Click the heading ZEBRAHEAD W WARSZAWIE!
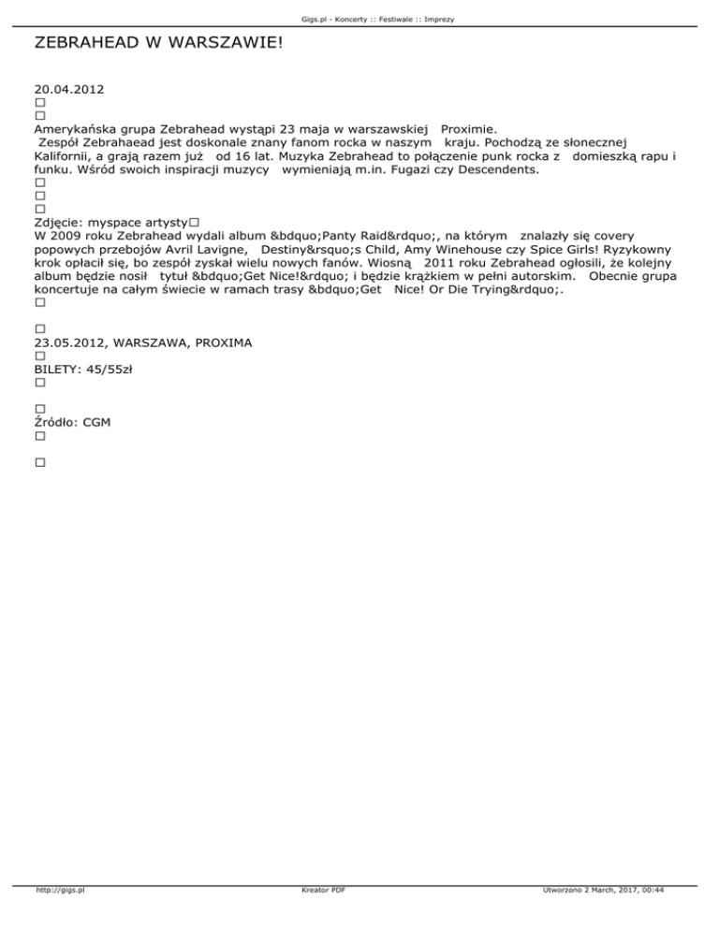157,43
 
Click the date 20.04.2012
68,90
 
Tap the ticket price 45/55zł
110,370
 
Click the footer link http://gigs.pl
60,917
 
